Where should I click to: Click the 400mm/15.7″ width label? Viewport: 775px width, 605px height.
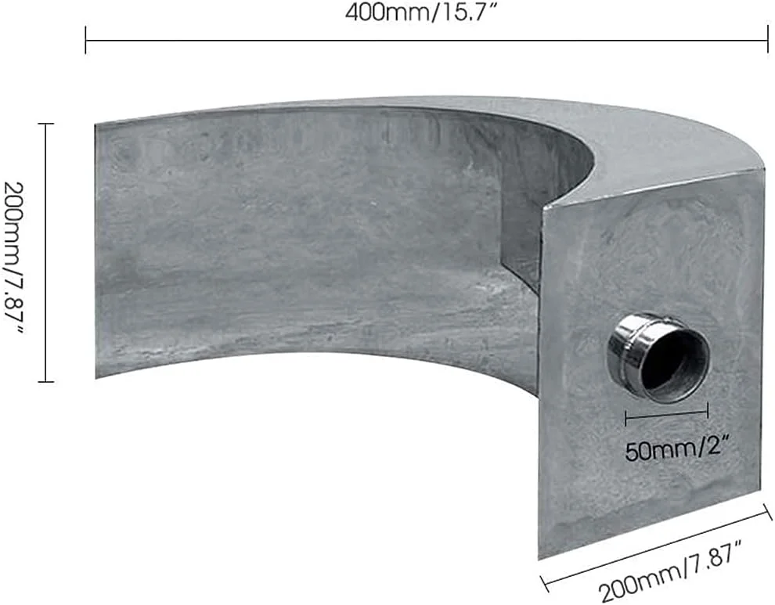(420, 13)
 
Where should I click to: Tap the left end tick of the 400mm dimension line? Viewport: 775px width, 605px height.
(86, 40)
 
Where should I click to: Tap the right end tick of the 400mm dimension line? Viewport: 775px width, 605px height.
(768, 40)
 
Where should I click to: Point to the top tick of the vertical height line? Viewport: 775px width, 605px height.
(46, 124)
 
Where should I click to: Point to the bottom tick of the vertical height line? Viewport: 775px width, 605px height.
(46, 381)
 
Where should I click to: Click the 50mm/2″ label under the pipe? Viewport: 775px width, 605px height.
(677, 450)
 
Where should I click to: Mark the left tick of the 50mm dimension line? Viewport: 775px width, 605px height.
(625, 418)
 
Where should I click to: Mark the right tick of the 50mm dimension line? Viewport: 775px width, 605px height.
(708, 410)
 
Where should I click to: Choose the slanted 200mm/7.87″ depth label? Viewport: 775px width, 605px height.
(671, 571)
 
